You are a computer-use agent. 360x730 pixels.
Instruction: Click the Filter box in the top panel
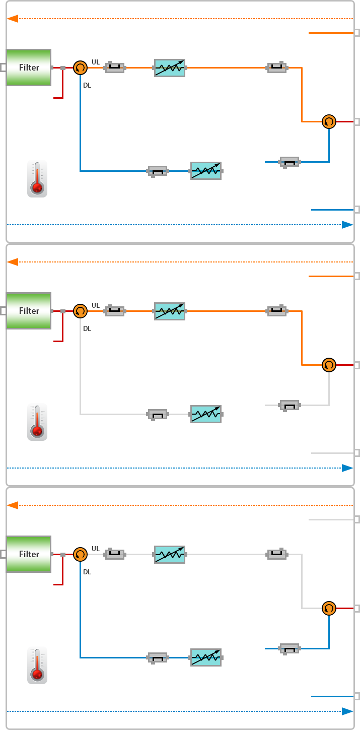pos(29,68)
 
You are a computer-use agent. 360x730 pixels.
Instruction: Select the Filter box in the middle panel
pos(29,311)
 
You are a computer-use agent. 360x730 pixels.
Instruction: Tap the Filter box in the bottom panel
pos(29,554)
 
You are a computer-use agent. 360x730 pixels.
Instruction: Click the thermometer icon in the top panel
pos(37,179)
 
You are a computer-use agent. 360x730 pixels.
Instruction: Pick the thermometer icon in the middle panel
pos(37,422)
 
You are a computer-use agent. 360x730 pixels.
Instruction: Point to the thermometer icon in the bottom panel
pos(37,666)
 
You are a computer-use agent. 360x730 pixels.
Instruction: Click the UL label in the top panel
pos(96,62)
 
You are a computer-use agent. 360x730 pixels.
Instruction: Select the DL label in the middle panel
pos(87,329)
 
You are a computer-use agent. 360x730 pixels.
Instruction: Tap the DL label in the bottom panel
pos(87,572)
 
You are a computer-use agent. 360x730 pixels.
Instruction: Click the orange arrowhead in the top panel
pos(13,19)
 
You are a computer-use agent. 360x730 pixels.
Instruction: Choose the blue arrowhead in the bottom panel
pos(347,711)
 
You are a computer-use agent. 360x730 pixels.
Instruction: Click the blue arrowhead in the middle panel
pos(347,468)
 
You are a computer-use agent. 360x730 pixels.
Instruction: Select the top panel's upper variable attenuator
pos(170,68)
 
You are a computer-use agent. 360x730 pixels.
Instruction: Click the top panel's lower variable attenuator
pos(206,171)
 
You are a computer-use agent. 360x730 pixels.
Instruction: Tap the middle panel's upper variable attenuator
pos(170,311)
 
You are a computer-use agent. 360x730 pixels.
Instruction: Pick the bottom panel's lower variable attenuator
pos(206,657)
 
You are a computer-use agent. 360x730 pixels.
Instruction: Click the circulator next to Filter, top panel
pos(80,68)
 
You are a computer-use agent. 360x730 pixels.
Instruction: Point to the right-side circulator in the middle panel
pos(329,365)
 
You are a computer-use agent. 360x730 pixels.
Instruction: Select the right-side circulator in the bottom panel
pos(329,608)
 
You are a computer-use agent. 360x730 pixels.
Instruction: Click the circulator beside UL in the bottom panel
pos(80,554)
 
